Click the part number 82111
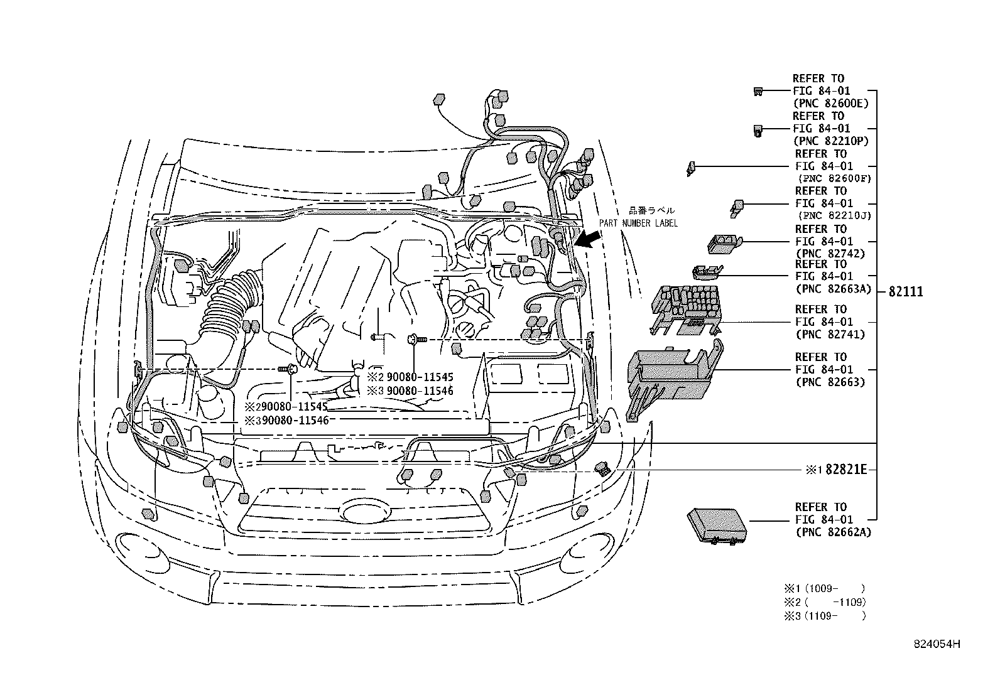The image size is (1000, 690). tap(905, 292)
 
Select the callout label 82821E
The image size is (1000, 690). tap(845, 469)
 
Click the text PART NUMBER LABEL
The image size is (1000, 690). tap(638, 223)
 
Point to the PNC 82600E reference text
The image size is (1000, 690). tap(832, 103)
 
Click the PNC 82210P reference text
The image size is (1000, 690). tap(832, 141)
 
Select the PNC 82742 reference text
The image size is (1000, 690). tap(829, 254)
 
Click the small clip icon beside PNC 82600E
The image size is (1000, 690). tap(758, 92)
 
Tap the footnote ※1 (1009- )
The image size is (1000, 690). tap(823, 588)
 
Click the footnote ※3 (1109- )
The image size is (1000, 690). tap(823, 616)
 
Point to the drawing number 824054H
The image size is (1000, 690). tap(937, 644)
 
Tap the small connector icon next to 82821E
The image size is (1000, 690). tap(604, 468)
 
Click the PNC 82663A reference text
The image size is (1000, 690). tap(832, 289)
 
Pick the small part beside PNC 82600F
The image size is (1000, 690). tap(691, 168)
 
